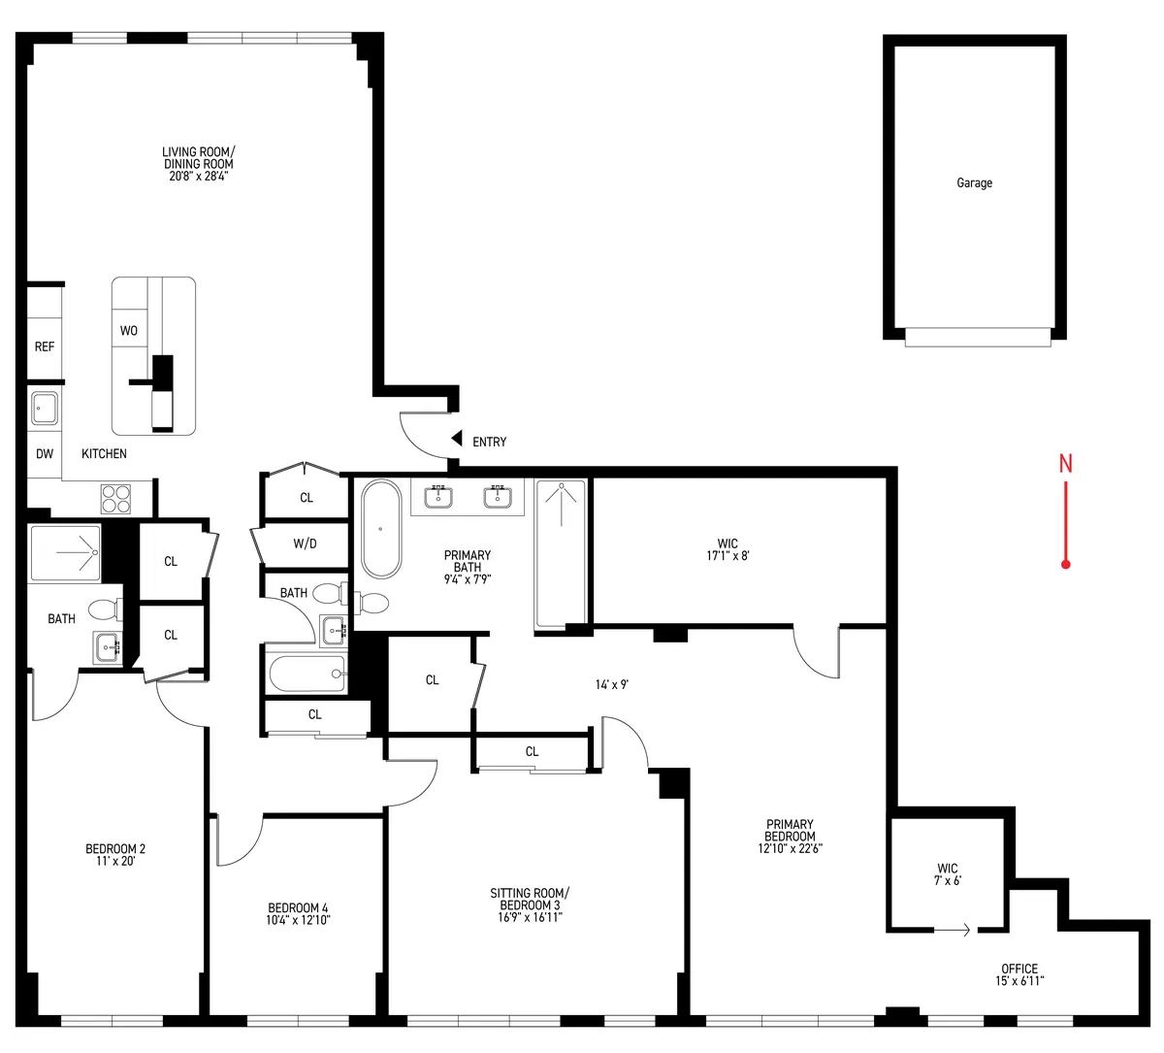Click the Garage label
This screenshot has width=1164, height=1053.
(974, 182)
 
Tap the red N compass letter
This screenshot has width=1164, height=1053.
(1065, 464)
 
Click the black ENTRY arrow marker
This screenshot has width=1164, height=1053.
(455, 441)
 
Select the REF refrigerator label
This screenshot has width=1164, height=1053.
(45, 346)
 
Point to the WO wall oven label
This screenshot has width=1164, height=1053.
(129, 331)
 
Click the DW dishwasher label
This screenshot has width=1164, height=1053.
(45, 454)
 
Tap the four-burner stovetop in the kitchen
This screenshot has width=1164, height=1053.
(115, 498)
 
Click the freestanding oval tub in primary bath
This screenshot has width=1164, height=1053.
(380, 529)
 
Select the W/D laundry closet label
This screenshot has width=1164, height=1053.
(305, 543)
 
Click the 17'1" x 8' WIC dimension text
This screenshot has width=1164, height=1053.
(727, 556)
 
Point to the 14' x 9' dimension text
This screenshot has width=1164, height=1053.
(612, 684)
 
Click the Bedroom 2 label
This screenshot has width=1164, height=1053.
(115, 854)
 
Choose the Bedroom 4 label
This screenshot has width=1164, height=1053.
(298, 913)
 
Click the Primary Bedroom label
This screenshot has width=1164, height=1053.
(790, 836)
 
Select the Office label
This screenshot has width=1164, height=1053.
(1019, 973)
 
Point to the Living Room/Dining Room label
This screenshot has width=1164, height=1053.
(198, 164)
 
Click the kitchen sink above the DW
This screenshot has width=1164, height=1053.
(45, 409)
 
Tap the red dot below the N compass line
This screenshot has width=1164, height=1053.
(1065, 564)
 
